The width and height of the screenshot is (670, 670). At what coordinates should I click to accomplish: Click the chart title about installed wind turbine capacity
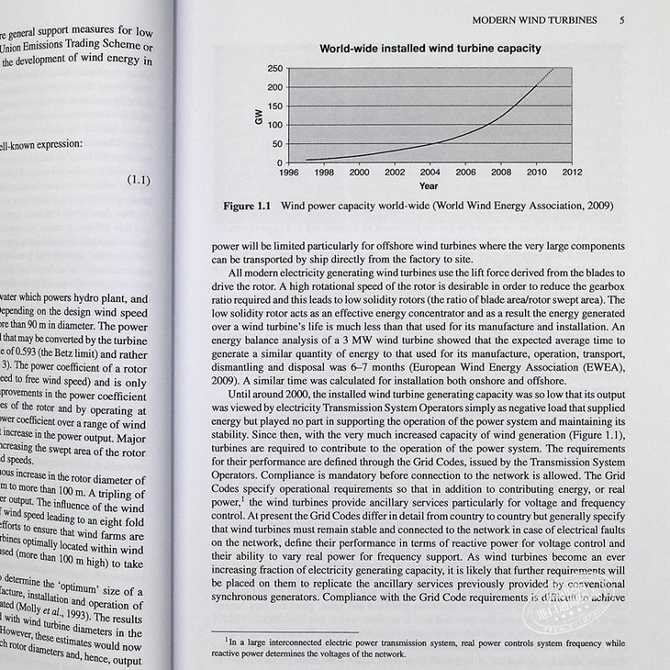(x=430, y=49)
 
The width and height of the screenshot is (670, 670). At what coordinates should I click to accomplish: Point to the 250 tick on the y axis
(x=274, y=69)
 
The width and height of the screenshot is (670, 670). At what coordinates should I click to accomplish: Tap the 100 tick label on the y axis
(x=274, y=125)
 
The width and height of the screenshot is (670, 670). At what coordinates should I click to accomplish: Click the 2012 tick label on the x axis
(x=572, y=172)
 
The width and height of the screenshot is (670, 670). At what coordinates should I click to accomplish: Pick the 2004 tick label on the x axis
(x=430, y=172)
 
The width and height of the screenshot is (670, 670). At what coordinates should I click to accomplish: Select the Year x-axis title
(x=429, y=185)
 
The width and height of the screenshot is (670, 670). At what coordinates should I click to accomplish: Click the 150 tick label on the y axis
(x=274, y=106)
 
